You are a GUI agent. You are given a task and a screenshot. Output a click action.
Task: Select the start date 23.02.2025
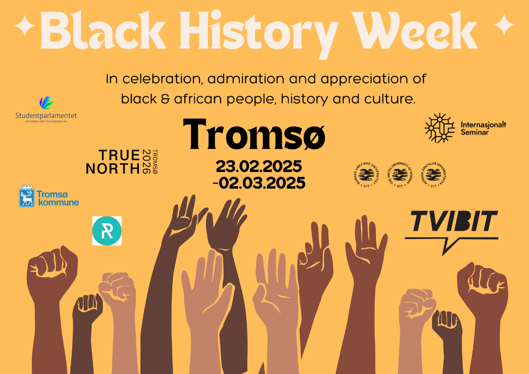(259, 167)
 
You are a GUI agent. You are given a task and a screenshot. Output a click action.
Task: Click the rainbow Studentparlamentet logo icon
(46, 103)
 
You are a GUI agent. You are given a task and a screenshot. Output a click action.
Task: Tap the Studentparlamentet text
(46, 115)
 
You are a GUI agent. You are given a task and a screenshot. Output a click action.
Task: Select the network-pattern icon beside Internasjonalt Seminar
(439, 128)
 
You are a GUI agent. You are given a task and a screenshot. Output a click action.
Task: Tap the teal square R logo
(107, 231)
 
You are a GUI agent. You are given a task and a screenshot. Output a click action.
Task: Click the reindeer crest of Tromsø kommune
(27, 197)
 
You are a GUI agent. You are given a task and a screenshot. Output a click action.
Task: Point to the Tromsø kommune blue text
(58, 198)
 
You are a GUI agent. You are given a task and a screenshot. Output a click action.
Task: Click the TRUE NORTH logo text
(112, 162)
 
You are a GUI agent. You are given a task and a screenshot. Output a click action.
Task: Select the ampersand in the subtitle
(166, 99)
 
